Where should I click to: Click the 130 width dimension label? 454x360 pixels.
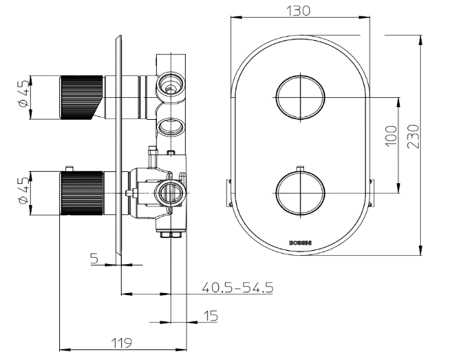(x=299, y=11)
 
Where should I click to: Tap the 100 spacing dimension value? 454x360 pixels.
(x=391, y=134)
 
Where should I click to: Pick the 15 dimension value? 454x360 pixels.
(x=210, y=316)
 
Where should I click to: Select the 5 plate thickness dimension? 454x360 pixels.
(x=94, y=259)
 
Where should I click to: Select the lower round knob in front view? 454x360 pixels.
(x=301, y=192)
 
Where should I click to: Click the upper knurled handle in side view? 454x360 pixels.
(x=78, y=97)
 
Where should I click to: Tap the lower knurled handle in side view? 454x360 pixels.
(x=78, y=192)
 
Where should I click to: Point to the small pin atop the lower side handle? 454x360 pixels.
(x=70, y=168)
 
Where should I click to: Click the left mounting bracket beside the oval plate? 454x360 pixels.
(x=227, y=193)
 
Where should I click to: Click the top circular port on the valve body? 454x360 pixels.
(x=170, y=84)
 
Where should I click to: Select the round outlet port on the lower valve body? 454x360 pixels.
(x=170, y=191)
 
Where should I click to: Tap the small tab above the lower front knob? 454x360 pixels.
(x=301, y=168)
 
